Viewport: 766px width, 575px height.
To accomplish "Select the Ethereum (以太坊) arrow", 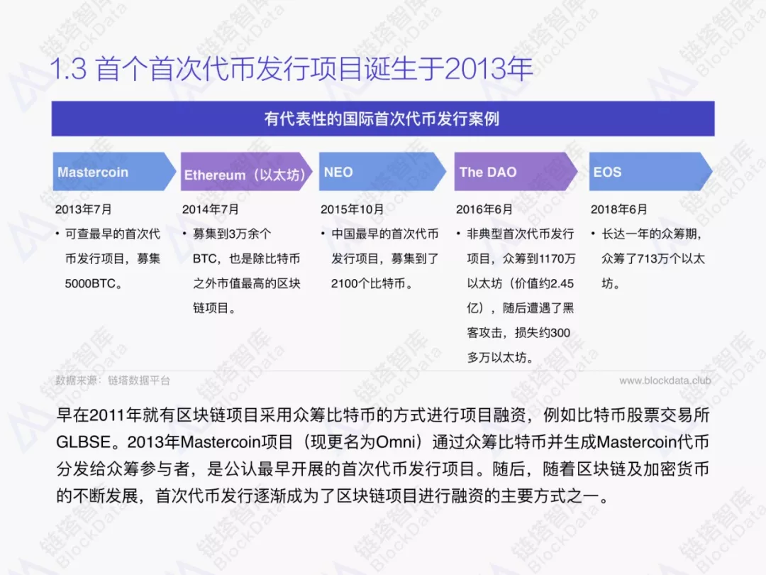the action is (246, 172).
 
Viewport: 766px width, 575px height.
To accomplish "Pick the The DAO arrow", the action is (516, 172).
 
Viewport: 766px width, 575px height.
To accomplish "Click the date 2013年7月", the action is (84, 209).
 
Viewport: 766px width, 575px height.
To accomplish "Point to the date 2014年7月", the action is (211, 209).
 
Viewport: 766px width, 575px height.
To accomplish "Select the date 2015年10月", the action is (353, 209).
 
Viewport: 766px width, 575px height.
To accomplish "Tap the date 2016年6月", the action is (484, 209).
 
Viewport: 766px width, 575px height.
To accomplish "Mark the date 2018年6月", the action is (619, 209).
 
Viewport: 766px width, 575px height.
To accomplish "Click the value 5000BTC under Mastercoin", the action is (90, 283).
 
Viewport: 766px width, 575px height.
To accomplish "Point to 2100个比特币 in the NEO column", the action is (368, 283).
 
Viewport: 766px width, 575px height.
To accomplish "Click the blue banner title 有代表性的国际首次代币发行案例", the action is (382, 119).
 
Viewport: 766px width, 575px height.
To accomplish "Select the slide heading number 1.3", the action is (68, 68).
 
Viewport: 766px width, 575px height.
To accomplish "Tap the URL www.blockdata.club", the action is (665, 380).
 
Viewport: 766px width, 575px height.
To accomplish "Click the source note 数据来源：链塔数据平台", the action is (112, 380).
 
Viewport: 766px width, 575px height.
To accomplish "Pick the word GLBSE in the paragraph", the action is (84, 442).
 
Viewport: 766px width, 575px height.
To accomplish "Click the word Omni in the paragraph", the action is (396, 442).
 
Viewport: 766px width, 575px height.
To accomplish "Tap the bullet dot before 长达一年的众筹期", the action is (593, 234).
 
